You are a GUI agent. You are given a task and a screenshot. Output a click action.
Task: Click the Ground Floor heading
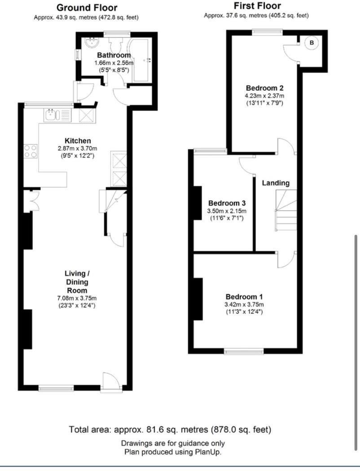(x=87, y=8)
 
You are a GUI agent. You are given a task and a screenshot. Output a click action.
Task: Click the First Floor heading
(x=257, y=6)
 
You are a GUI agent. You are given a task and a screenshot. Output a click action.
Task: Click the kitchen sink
(x=52, y=115)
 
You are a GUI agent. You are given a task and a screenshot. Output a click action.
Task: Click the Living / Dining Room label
(x=77, y=282)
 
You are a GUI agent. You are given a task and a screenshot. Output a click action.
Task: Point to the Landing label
(x=276, y=183)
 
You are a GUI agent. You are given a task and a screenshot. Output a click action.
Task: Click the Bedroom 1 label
(x=244, y=297)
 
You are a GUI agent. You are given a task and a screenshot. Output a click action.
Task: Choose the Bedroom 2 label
(x=264, y=88)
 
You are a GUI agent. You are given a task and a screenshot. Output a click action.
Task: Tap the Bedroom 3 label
(x=226, y=203)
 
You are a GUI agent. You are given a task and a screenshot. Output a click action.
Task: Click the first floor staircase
(x=286, y=210)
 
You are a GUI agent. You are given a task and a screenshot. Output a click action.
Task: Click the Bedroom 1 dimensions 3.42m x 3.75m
(x=244, y=304)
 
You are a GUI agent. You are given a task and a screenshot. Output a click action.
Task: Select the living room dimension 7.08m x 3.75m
(x=77, y=298)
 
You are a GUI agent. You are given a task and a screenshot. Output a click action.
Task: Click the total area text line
(x=170, y=430)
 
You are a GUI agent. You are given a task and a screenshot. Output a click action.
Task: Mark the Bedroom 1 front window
(x=244, y=351)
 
